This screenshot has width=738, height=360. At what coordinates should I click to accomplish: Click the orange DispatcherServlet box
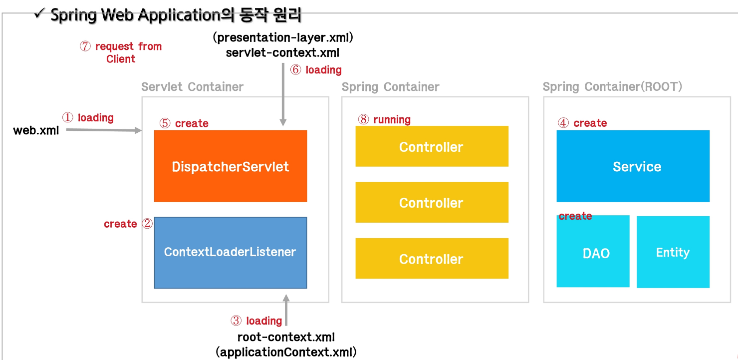point(230,166)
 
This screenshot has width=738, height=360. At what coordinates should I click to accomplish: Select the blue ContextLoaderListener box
point(230,253)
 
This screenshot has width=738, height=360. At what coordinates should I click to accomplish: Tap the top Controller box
point(432,146)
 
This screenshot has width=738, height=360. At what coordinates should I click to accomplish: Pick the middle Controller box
point(432,202)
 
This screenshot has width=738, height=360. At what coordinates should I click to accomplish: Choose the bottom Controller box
point(432,259)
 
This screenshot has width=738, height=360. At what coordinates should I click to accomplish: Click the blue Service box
point(633,166)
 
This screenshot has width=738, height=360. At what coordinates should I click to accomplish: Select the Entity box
point(673,252)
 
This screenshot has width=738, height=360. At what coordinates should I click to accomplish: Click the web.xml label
point(36,131)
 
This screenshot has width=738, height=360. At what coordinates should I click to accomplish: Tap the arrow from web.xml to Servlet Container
point(104,130)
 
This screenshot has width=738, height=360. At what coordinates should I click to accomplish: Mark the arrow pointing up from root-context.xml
point(286,311)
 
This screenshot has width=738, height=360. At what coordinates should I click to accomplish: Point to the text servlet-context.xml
point(283,52)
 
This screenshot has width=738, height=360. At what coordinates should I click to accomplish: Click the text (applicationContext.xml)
point(286,352)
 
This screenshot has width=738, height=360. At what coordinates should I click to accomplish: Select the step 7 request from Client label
point(121,52)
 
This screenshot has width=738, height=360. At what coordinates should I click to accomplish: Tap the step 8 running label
point(385,120)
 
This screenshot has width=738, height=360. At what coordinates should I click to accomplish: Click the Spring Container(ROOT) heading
point(612,87)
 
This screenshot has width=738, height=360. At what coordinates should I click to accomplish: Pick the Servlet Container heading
point(193,87)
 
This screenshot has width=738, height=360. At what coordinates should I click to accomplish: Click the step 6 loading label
point(316,70)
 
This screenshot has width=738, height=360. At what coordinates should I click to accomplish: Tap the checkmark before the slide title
point(39,14)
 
